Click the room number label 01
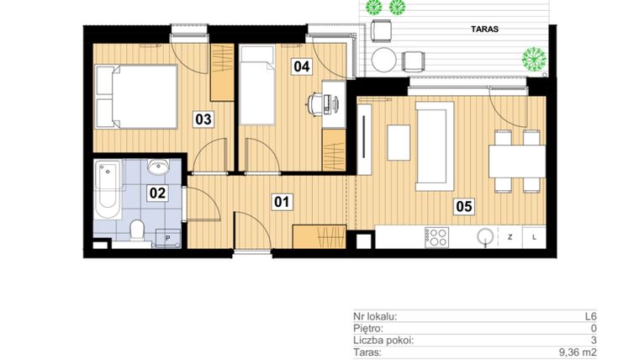pyautogui.click(x=282, y=201)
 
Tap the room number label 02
pyautogui.click(x=157, y=193)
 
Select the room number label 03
pyautogui.click(x=203, y=119)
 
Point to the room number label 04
pyautogui.click(x=300, y=65)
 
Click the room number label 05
pyautogui.click(x=463, y=204)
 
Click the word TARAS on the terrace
pyautogui.click(x=484, y=29)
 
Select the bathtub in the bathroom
pyautogui.click(x=108, y=189)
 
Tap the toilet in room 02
pyautogui.click(x=139, y=229)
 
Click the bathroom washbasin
pyautogui.click(x=158, y=166)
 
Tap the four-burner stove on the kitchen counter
pyautogui.click(x=437, y=236)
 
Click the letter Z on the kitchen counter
pyautogui.click(x=510, y=237)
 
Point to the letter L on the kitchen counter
pyautogui.click(x=536, y=237)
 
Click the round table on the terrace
pyautogui.click(x=384, y=61)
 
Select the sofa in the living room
pyautogui.click(x=434, y=145)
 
